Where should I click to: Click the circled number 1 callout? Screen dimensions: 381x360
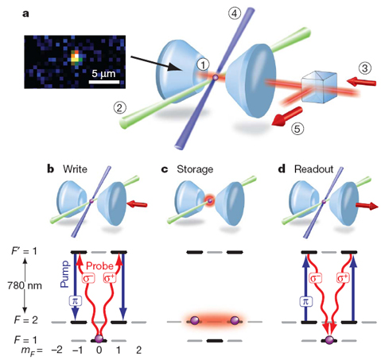click(x=203, y=64)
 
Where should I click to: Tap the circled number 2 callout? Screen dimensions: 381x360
click(x=119, y=108)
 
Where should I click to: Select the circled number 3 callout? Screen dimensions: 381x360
click(x=365, y=68)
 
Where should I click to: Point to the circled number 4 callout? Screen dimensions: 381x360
click(x=235, y=14)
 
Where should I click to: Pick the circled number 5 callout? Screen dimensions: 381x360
click(x=297, y=129)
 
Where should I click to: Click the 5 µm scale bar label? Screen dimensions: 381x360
click(x=103, y=73)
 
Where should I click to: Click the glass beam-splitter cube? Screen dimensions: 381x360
click(x=319, y=87)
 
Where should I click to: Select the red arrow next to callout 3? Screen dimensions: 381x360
click(x=361, y=82)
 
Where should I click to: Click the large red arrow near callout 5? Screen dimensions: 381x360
click(x=287, y=116)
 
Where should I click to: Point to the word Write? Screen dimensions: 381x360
click(x=75, y=169)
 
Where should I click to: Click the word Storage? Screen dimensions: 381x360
click(x=195, y=169)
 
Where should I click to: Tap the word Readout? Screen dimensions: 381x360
click(x=313, y=169)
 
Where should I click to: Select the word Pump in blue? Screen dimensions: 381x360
click(x=64, y=274)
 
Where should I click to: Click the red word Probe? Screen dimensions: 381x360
click(x=99, y=265)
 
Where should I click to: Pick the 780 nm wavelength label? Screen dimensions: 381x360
click(x=25, y=285)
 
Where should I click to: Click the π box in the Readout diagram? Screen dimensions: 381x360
click(x=305, y=301)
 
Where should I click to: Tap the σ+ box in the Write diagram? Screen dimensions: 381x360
click(x=110, y=278)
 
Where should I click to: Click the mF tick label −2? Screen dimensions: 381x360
click(x=56, y=350)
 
